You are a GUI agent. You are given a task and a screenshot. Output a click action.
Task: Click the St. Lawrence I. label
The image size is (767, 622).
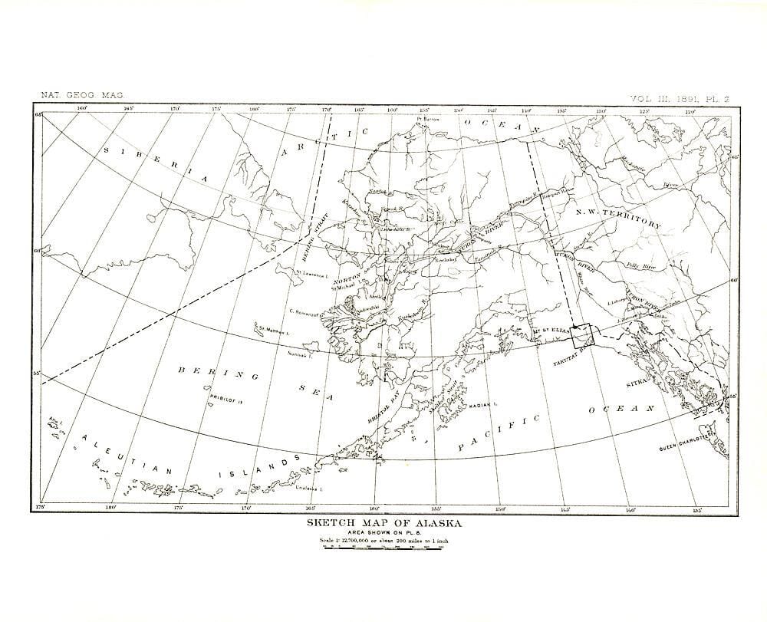(x=312, y=272)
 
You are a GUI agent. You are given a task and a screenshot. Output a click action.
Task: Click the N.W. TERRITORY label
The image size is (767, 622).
(x=621, y=218)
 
